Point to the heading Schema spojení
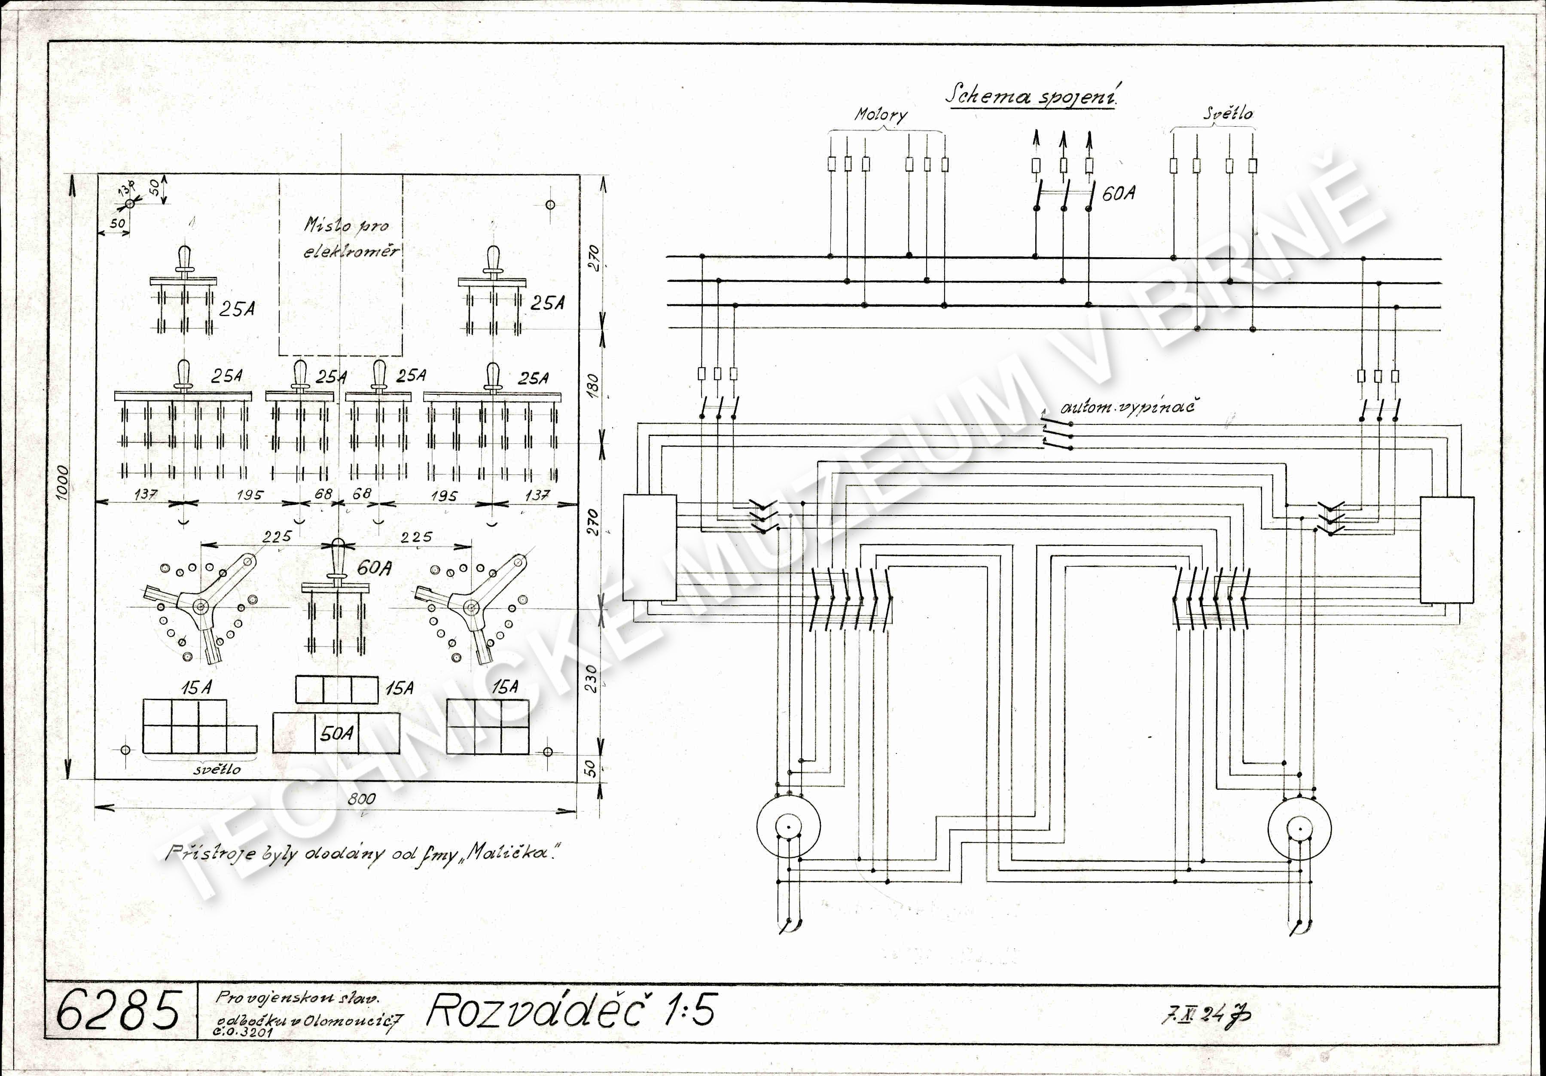[1031, 96]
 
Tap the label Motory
[880, 114]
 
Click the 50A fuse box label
[336, 733]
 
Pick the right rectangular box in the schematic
[1447, 549]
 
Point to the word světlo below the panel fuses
[217, 769]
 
